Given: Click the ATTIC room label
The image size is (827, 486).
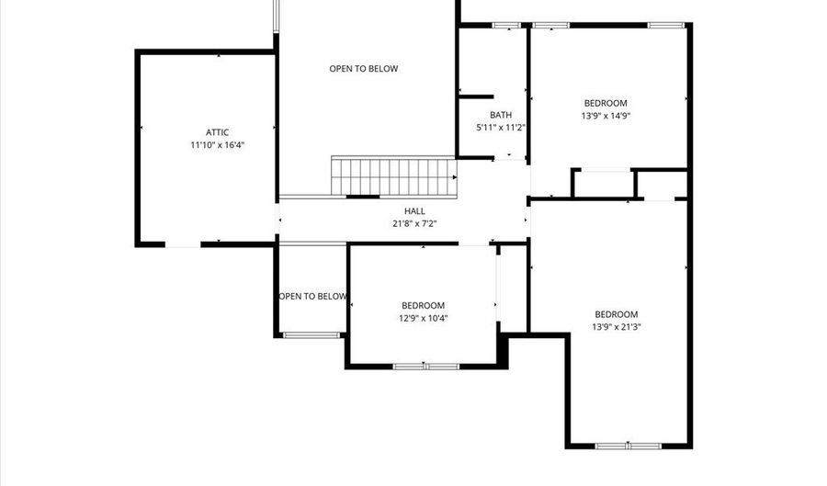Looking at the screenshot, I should pyautogui.click(x=218, y=132).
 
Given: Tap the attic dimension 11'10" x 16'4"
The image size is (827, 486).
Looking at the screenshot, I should pyautogui.click(x=218, y=145).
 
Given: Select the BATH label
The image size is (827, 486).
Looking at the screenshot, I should pyautogui.click(x=501, y=115).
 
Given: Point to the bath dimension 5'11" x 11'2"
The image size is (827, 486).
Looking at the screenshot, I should pyautogui.click(x=501, y=128).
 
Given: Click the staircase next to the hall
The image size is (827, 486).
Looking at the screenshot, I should pyautogui.click(x=393, y=175).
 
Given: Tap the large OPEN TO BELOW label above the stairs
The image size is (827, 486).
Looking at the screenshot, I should pyautogui.click(x=364, y=69).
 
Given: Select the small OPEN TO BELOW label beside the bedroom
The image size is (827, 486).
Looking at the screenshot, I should pyautogui.click(x=313, y=296).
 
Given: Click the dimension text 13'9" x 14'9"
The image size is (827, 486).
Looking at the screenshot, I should pyautogui.click(x=606, y=116).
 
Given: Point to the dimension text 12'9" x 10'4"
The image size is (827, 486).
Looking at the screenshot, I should pyautogui.click(x=423, y=319).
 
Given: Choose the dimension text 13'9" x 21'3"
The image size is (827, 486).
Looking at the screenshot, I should pyautogui.click(x=616, y=326).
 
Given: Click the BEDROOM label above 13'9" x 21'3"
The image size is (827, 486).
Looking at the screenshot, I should pyautogui.click(x=616, y=314).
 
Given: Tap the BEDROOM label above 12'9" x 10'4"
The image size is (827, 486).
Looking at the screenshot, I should pyautogui.click(x=423, y=306).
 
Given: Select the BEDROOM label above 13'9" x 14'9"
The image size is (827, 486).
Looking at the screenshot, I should pyautogui.click(x=606, y=103).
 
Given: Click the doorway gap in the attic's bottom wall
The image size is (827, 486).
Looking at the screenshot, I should pyautogui.click(x=183, y=244).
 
